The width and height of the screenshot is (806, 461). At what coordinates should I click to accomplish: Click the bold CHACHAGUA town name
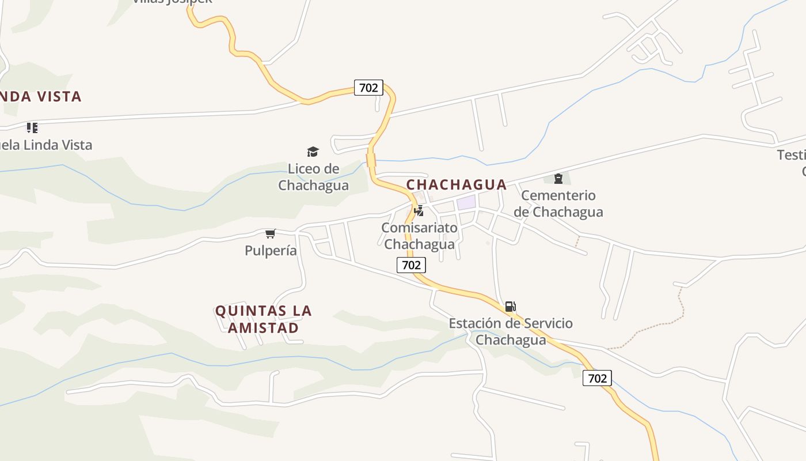(x=457, y=184)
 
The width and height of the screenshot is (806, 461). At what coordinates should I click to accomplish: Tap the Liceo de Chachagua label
(x=313, y=177)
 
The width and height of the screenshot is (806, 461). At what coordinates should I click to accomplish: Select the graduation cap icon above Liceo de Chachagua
(x=313, y=152)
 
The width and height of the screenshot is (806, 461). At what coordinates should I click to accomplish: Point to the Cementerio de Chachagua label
(x=558, y=203)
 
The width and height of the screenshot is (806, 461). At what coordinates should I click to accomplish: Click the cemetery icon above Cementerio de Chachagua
(x=558, y=179)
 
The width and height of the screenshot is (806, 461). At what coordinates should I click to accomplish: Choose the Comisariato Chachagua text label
(x=419, y=236)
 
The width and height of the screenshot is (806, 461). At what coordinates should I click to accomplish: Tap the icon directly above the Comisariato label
(x=419, y=210)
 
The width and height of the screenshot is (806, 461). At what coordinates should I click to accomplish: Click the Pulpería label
(x=271, y=251)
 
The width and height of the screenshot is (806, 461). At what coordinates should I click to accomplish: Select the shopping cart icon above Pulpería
(x=270, y=233)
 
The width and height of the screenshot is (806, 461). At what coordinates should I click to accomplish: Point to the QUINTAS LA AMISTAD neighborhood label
(x=264, y=319)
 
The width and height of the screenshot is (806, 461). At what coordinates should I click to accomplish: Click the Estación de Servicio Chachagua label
(x=511, y=331)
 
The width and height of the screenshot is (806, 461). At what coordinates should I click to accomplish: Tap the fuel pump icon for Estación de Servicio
(x=510, y=306)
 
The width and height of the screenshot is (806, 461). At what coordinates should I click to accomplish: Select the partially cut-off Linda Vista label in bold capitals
(x=40, y=96)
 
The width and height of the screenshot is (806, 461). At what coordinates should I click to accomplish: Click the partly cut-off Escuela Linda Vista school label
(x=45, y=145)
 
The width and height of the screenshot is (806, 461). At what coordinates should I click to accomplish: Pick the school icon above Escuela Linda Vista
(x=32, y=127)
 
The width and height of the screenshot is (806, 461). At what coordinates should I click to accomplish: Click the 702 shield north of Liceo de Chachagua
(x=368, y=88)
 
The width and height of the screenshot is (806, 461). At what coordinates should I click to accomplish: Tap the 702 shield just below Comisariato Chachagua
(x=411, y=265)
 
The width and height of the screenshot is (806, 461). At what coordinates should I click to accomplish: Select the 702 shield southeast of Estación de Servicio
(x=597, y=378)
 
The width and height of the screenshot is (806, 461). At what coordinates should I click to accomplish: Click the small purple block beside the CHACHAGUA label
(x=466, y=202)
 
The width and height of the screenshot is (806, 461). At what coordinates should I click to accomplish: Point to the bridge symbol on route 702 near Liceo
(x=371, y=160)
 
